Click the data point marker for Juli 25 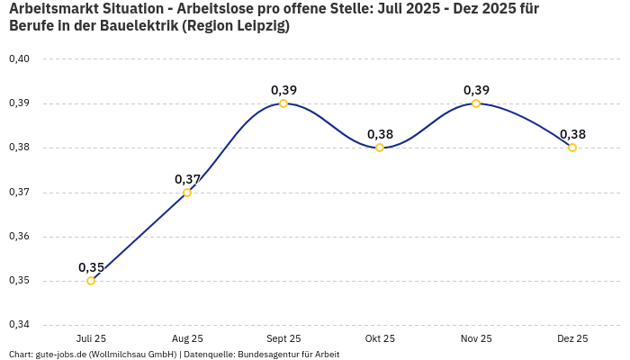tap(91, 281)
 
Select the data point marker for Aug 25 tap(187, 193)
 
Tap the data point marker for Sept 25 tap(283, 103)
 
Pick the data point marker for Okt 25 tap(380, 148)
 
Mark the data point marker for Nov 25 tap(476, 103)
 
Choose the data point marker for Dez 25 tap(572, 148)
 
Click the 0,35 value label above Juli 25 tap(91, 267)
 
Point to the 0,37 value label tap(187, 179)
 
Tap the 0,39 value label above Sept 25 tap(283, 90)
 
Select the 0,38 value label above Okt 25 tap(380, 134)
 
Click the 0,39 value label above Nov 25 tap(476, 90)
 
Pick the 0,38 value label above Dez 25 tap(572, 134)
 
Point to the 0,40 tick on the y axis tap(19, 59)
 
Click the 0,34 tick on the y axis tap(19, 325)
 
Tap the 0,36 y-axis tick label tap(19, 237)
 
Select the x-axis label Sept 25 tap(283, 339)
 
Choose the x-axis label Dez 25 tap(572, 339)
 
